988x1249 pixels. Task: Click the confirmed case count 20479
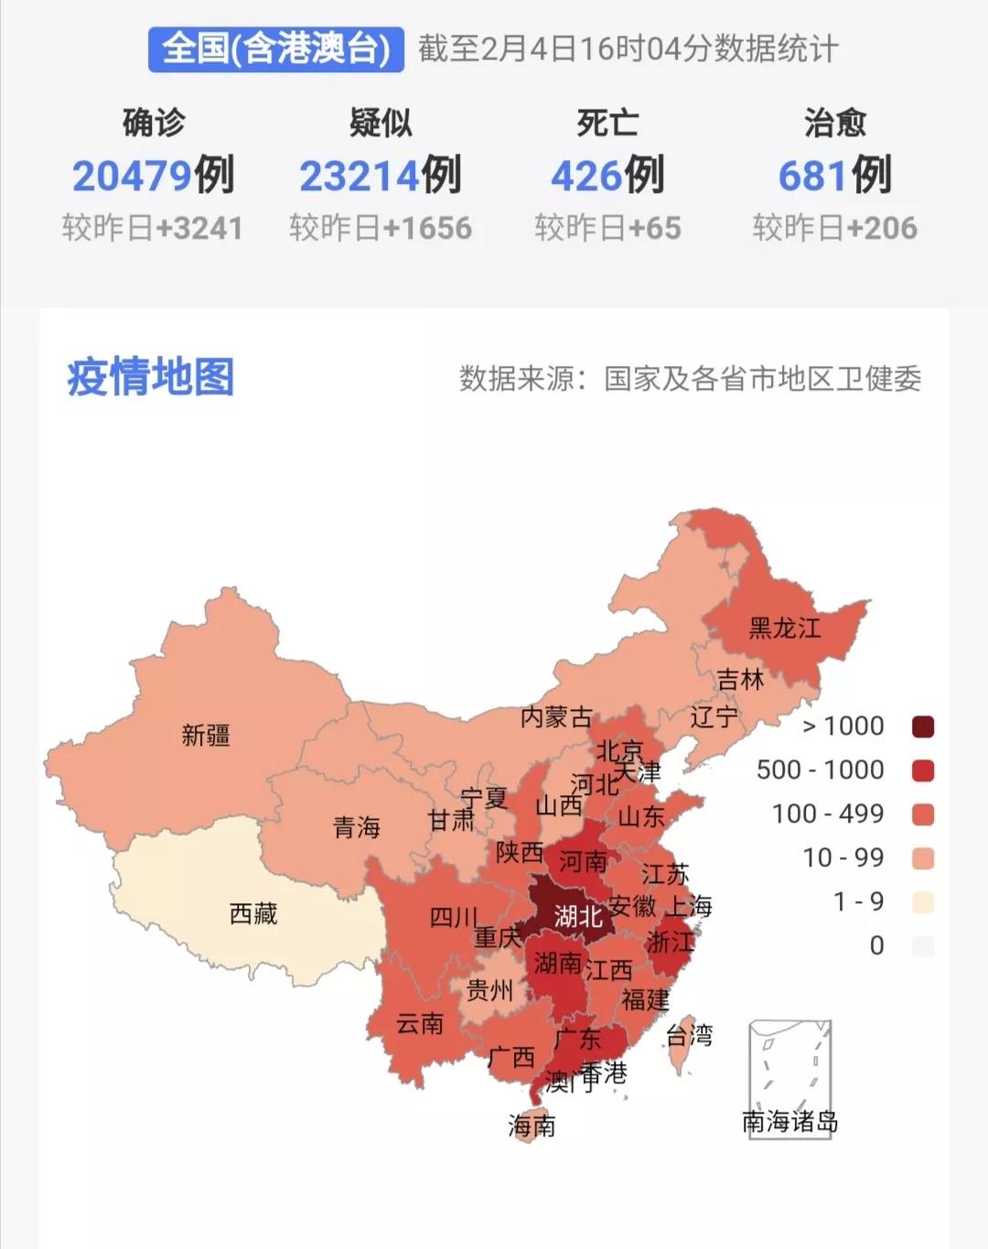pyautogui.click(x=132, y=176)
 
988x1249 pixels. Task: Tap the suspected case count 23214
pyautogui.click(x=360, y=176)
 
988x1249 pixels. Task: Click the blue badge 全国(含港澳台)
pyautogui.click(x=275, y=48)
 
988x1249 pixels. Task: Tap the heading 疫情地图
pyautogui.click(x=151, y=377)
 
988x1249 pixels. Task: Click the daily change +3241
pyautogui.click(x=199, y=228)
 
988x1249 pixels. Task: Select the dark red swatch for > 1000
pyautogui.click(x=923, y=727)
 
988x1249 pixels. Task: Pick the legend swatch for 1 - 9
pyautogui.click(x=923, y=902)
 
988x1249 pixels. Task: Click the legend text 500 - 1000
pyautogui.click(x=820, y=770)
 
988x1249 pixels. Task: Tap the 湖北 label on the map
pyautogui.click(x=578, y=915)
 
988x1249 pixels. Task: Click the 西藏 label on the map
pyautogui.click(x=253, y=913)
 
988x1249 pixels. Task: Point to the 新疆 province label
pyautogui.click(x=206, y=735)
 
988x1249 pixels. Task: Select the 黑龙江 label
pyautogui.click(x=785, y=628)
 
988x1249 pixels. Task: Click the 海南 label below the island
pyautogui.click(x=532, y=1125)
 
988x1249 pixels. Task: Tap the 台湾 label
pyautogui.click(x=689, y=1036)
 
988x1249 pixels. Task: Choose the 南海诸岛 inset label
pyautogui.click(x=789, y=1122)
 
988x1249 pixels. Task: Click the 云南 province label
pyautogui.click(x=420, y=1023)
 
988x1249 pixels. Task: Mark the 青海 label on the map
pyautogui.click(x=357, y=828)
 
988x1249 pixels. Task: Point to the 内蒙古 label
pyautogui.click(x=556, y=717)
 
